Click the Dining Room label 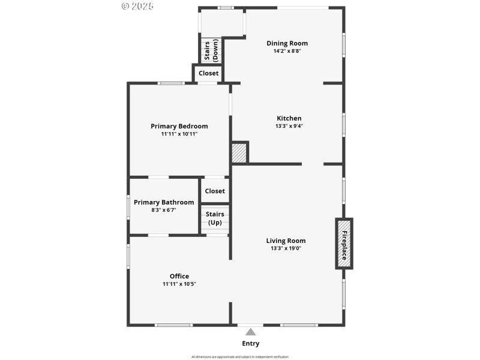(x=287, y=43)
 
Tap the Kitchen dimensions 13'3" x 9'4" (x=289, y=127)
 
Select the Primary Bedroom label (x=179, y=126)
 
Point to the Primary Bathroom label (x=164, y=202)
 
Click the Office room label (x=179, y=276)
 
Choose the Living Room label (x=286, y=241)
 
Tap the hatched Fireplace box (x=344, y=243)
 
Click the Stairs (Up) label (x=215, y=218)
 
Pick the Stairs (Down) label (x=211, y=50)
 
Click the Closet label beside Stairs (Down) (x=208, y=73)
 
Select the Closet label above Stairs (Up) (x=215, y=191)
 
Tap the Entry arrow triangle (x=250, y=332)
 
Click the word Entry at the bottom (x=250, y=344)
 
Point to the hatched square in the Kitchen (x=239, y=152)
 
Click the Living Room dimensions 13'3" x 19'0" (x=286, y=248)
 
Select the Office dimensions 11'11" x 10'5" (x=179, y=284)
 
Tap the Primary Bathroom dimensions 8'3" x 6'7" (x=163, y=210)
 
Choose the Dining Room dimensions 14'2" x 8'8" (x=287, y=51)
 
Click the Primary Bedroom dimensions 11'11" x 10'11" (x=179, y=134)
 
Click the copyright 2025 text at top (x=137, y=6)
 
